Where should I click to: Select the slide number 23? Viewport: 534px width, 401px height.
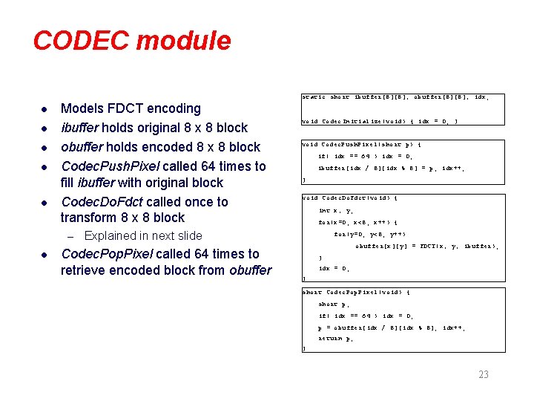click(484, 374)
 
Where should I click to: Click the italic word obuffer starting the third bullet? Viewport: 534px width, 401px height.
click(84, 146)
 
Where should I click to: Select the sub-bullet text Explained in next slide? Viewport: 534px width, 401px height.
click(143, 235)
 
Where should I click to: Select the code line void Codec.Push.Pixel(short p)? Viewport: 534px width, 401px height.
click(363, 145)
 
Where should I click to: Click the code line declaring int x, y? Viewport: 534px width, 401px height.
click(335, 211)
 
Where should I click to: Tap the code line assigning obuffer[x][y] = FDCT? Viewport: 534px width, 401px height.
click(426, 246)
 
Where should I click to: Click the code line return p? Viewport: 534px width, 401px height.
click(335, 339)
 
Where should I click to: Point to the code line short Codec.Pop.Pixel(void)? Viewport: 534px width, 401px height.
click(357, 292)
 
